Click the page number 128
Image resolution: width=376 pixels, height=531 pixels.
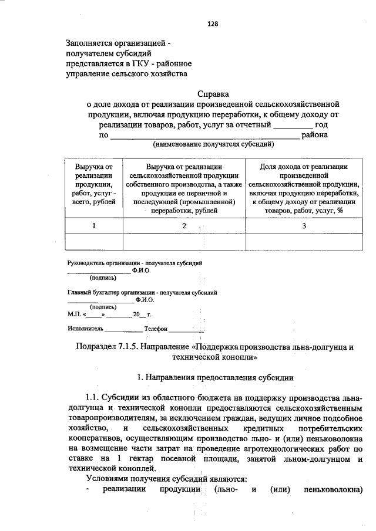213,24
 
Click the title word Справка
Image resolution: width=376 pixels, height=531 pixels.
213,93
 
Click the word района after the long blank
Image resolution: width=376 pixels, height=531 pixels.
314,135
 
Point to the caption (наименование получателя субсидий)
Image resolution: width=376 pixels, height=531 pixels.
213,144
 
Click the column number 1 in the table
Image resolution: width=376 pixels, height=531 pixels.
93,226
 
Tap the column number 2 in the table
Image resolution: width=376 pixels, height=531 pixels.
184,226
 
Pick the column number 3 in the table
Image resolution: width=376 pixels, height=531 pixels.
304,226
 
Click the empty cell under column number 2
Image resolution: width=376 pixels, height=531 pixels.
184,242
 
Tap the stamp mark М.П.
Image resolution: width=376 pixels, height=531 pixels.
75,314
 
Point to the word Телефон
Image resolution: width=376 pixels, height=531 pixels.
156,329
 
